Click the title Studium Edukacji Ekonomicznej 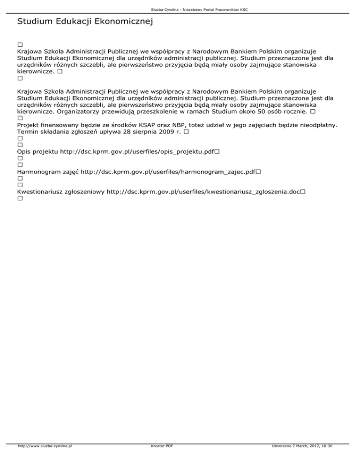click(x=85, y=22)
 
